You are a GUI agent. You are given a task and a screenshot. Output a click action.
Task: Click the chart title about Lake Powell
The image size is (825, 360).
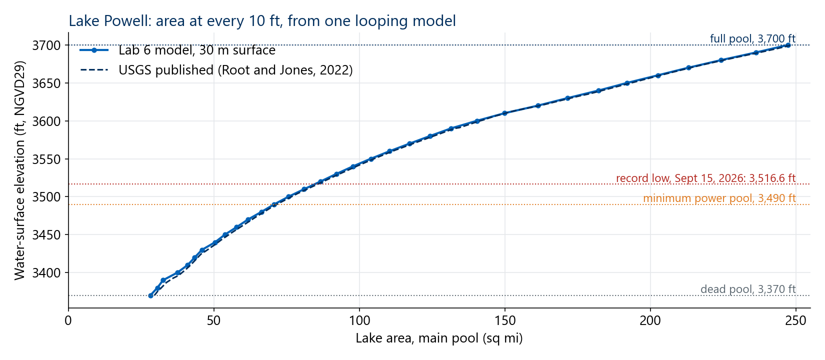[262, 21]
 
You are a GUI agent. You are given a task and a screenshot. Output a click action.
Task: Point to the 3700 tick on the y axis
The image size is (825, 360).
[46, 45]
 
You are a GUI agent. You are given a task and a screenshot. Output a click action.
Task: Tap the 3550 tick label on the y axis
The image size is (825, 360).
[46, 159]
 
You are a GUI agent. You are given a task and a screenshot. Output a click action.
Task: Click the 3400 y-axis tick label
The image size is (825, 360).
[46, 273]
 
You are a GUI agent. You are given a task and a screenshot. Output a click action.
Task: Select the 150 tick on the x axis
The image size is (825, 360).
[504, 320]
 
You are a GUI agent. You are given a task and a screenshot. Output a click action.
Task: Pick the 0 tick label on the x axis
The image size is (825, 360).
[68, 320]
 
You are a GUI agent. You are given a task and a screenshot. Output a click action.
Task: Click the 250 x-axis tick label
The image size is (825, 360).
[796, 320]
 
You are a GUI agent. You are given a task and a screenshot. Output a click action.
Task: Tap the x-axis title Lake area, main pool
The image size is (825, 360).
[439, 338]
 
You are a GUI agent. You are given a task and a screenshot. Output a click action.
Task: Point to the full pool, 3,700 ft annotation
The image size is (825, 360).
[753, 38]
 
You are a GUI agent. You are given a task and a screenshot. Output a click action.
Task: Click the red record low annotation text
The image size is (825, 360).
[706, 178]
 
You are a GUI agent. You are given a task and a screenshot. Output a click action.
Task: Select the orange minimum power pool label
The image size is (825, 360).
[719, 198]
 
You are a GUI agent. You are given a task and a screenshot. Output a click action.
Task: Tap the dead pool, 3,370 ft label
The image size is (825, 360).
[748, 289]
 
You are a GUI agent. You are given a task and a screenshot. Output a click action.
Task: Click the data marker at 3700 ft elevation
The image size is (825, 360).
[788, 45]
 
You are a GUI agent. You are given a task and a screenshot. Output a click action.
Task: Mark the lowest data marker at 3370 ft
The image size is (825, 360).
[150, 295]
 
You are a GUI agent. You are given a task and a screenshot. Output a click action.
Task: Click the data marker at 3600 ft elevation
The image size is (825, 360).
[477, 121]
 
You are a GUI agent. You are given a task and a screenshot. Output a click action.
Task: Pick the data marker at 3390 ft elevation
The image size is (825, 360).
[163, 280]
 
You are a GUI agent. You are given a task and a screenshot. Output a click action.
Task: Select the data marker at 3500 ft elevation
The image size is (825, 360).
[289, 197]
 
